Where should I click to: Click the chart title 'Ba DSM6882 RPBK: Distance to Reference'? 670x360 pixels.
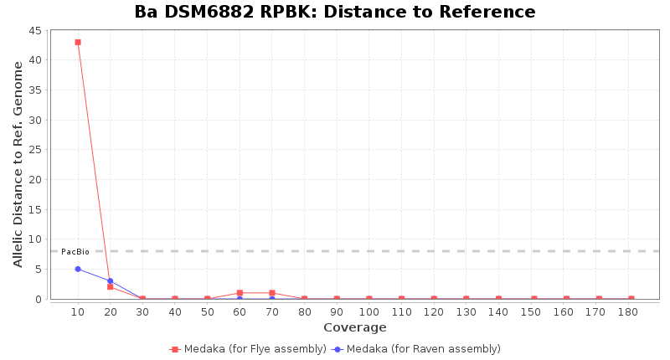click(x=335, y=13)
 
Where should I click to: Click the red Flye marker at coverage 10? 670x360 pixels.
click(x=78, y=42)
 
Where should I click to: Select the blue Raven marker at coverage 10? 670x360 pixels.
click(x=78, y=269)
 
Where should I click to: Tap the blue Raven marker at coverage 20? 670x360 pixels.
click(x=110, y=280)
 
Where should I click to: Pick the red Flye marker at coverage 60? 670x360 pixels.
click(x=240, y=293)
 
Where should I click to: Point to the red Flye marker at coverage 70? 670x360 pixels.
click(x=272, y=293)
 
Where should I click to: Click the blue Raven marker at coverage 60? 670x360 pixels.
click(x=240, y=299)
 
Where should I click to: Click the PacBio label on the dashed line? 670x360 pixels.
click(x=75, y=252)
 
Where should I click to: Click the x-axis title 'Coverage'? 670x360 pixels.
click(x=355, y=327)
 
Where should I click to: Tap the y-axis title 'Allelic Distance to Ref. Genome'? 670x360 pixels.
click(x=18, y=164)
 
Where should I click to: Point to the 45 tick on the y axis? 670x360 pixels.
click(x=36, y=30)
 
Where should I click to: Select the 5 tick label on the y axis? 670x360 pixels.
click(x=39, y=269)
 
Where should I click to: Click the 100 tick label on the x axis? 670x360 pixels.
click(x=368, y=312)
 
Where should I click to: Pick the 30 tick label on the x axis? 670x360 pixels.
click(x=142, y=312)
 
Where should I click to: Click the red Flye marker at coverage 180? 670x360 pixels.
click(x=631, y=299)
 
